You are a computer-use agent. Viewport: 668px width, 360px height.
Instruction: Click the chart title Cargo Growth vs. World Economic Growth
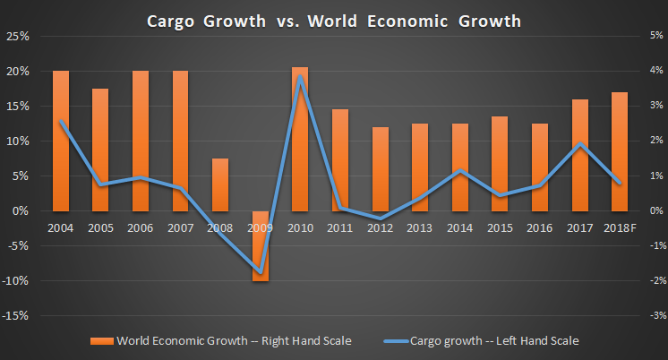point(333,20)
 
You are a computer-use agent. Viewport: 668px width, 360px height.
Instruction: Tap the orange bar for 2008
point(219,184)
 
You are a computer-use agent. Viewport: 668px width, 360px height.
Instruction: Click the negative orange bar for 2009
point(260,245)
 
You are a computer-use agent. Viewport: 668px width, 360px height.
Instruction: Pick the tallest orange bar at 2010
point(300,139)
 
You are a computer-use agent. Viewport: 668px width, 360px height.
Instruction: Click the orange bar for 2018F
point(620,151)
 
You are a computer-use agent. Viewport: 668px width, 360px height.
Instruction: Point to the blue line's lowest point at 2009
point(260,272)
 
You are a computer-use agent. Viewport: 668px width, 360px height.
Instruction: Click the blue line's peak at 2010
point(301,77)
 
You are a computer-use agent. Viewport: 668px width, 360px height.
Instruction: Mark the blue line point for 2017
point(580,144)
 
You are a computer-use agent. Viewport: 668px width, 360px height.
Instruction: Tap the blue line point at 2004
point(61,121)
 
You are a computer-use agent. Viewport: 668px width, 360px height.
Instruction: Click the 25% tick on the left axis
point(18,37)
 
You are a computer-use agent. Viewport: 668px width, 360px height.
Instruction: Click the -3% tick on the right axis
point(652,316)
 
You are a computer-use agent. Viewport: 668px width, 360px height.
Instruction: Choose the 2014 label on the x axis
point(460,227)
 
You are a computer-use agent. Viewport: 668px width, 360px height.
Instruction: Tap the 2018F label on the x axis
point(620,227)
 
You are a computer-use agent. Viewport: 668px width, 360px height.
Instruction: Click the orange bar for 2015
point(500,163)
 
